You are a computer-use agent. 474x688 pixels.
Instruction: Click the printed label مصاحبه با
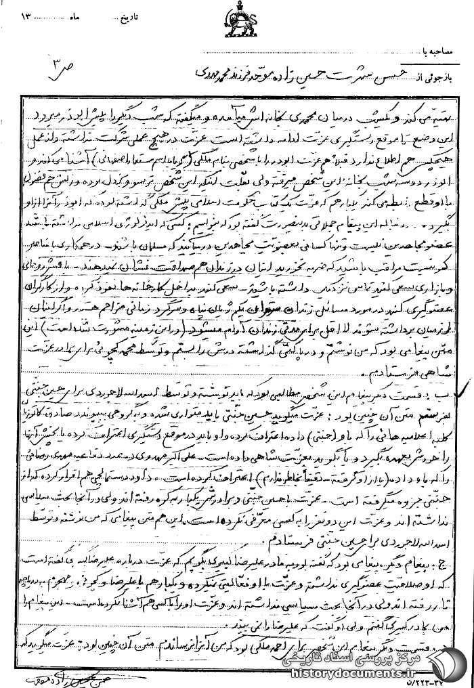coord(443,50)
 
